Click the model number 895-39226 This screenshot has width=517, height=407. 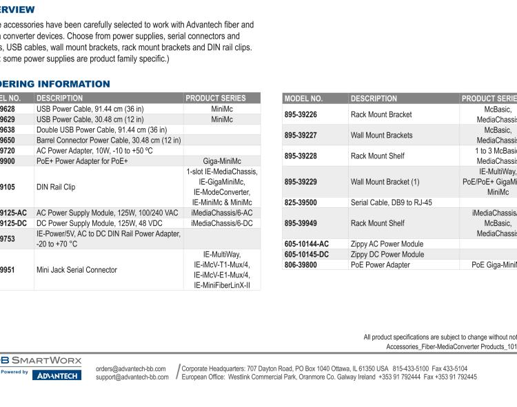point(301,114)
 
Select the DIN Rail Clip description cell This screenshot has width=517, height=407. point(57,187)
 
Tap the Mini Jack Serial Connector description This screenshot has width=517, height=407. point(77,270)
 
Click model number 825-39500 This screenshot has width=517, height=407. point(301,202)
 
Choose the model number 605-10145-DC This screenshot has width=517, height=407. point(306,254)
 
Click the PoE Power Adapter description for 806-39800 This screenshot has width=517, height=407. point(380,264)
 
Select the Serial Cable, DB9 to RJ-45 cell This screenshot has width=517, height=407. point(392,202)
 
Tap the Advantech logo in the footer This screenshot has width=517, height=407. point(57,375)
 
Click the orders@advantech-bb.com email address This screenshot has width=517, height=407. point(132,369)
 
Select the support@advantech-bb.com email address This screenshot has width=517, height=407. point(132,377)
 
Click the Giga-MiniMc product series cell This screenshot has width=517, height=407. point(222,160)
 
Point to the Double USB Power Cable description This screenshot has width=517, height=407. point(101,129)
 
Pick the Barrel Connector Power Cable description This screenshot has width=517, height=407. point(108,140)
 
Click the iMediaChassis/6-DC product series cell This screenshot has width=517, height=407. point(222,223)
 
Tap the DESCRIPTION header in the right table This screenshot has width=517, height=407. point(374,98)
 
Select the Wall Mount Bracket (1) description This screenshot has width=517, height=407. point(385,182)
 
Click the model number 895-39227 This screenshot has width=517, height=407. point(301,135)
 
